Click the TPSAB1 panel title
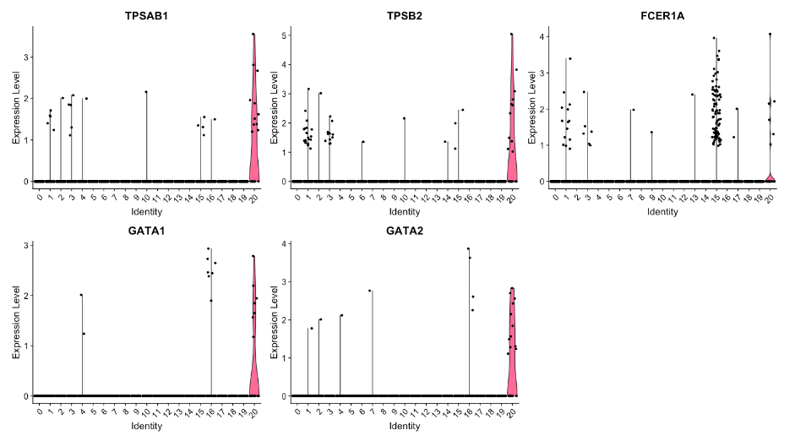click(145, 14)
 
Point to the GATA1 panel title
click(145, 230)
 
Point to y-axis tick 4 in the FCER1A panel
click(543, 37)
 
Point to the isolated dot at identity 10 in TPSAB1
click(146, 91)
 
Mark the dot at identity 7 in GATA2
click(371, 291)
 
